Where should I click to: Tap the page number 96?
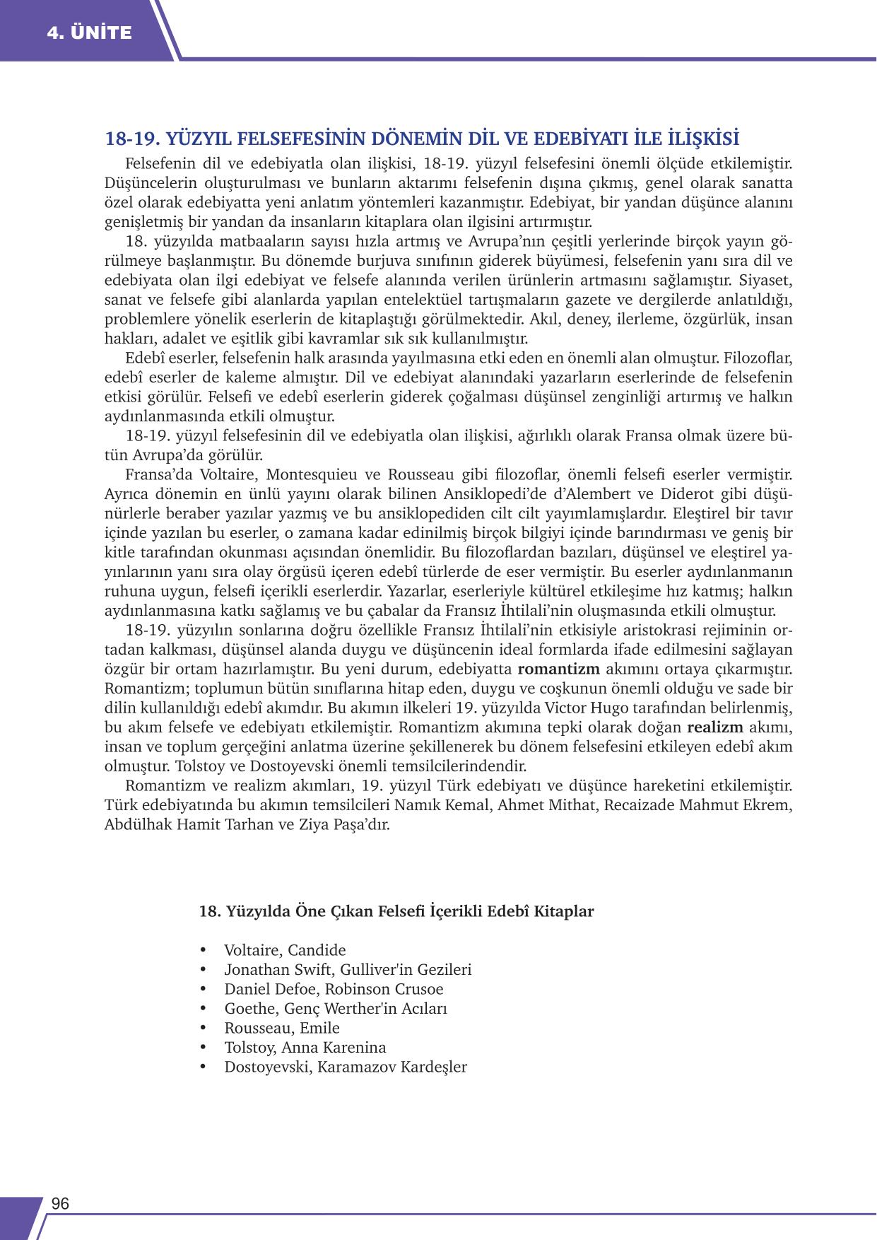pyautogui.click(x=60, y=1204)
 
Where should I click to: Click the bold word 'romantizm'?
pyautogui.click(x=558, y=669)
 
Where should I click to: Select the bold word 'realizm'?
pyautogui.click(x=714, y=727)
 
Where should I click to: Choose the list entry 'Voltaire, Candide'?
pyautogui.click(x=285, y=950)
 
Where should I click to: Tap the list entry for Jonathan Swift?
pyautogui.click(x=348, y=970)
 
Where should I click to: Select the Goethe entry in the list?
pyautogui.click(x=336, y=1009)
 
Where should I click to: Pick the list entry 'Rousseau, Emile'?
pyautogui.click(x=282, y=1028)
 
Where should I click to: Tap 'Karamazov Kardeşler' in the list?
pyautogui.click(x=392, y=1067)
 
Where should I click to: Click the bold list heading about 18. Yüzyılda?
pyautogui.click(x=396, y=911)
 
